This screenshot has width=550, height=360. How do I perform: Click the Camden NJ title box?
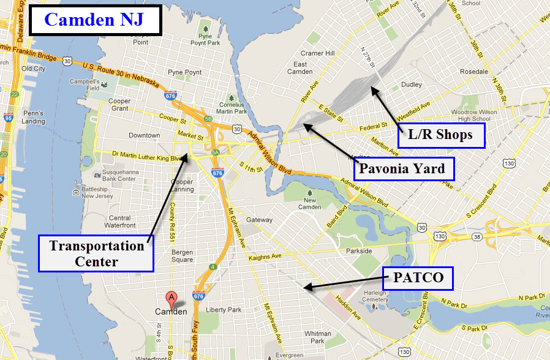coord(94,20)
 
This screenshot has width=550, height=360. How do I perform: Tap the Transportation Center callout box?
coord(96,253)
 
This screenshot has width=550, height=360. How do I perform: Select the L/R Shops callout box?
coord(441,135)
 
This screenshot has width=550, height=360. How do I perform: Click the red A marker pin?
coord(171,298)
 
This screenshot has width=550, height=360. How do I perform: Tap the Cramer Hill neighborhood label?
coord(317,53)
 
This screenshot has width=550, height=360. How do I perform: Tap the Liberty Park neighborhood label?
coord(224,310)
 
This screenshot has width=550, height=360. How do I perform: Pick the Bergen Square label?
coord(182,256)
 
